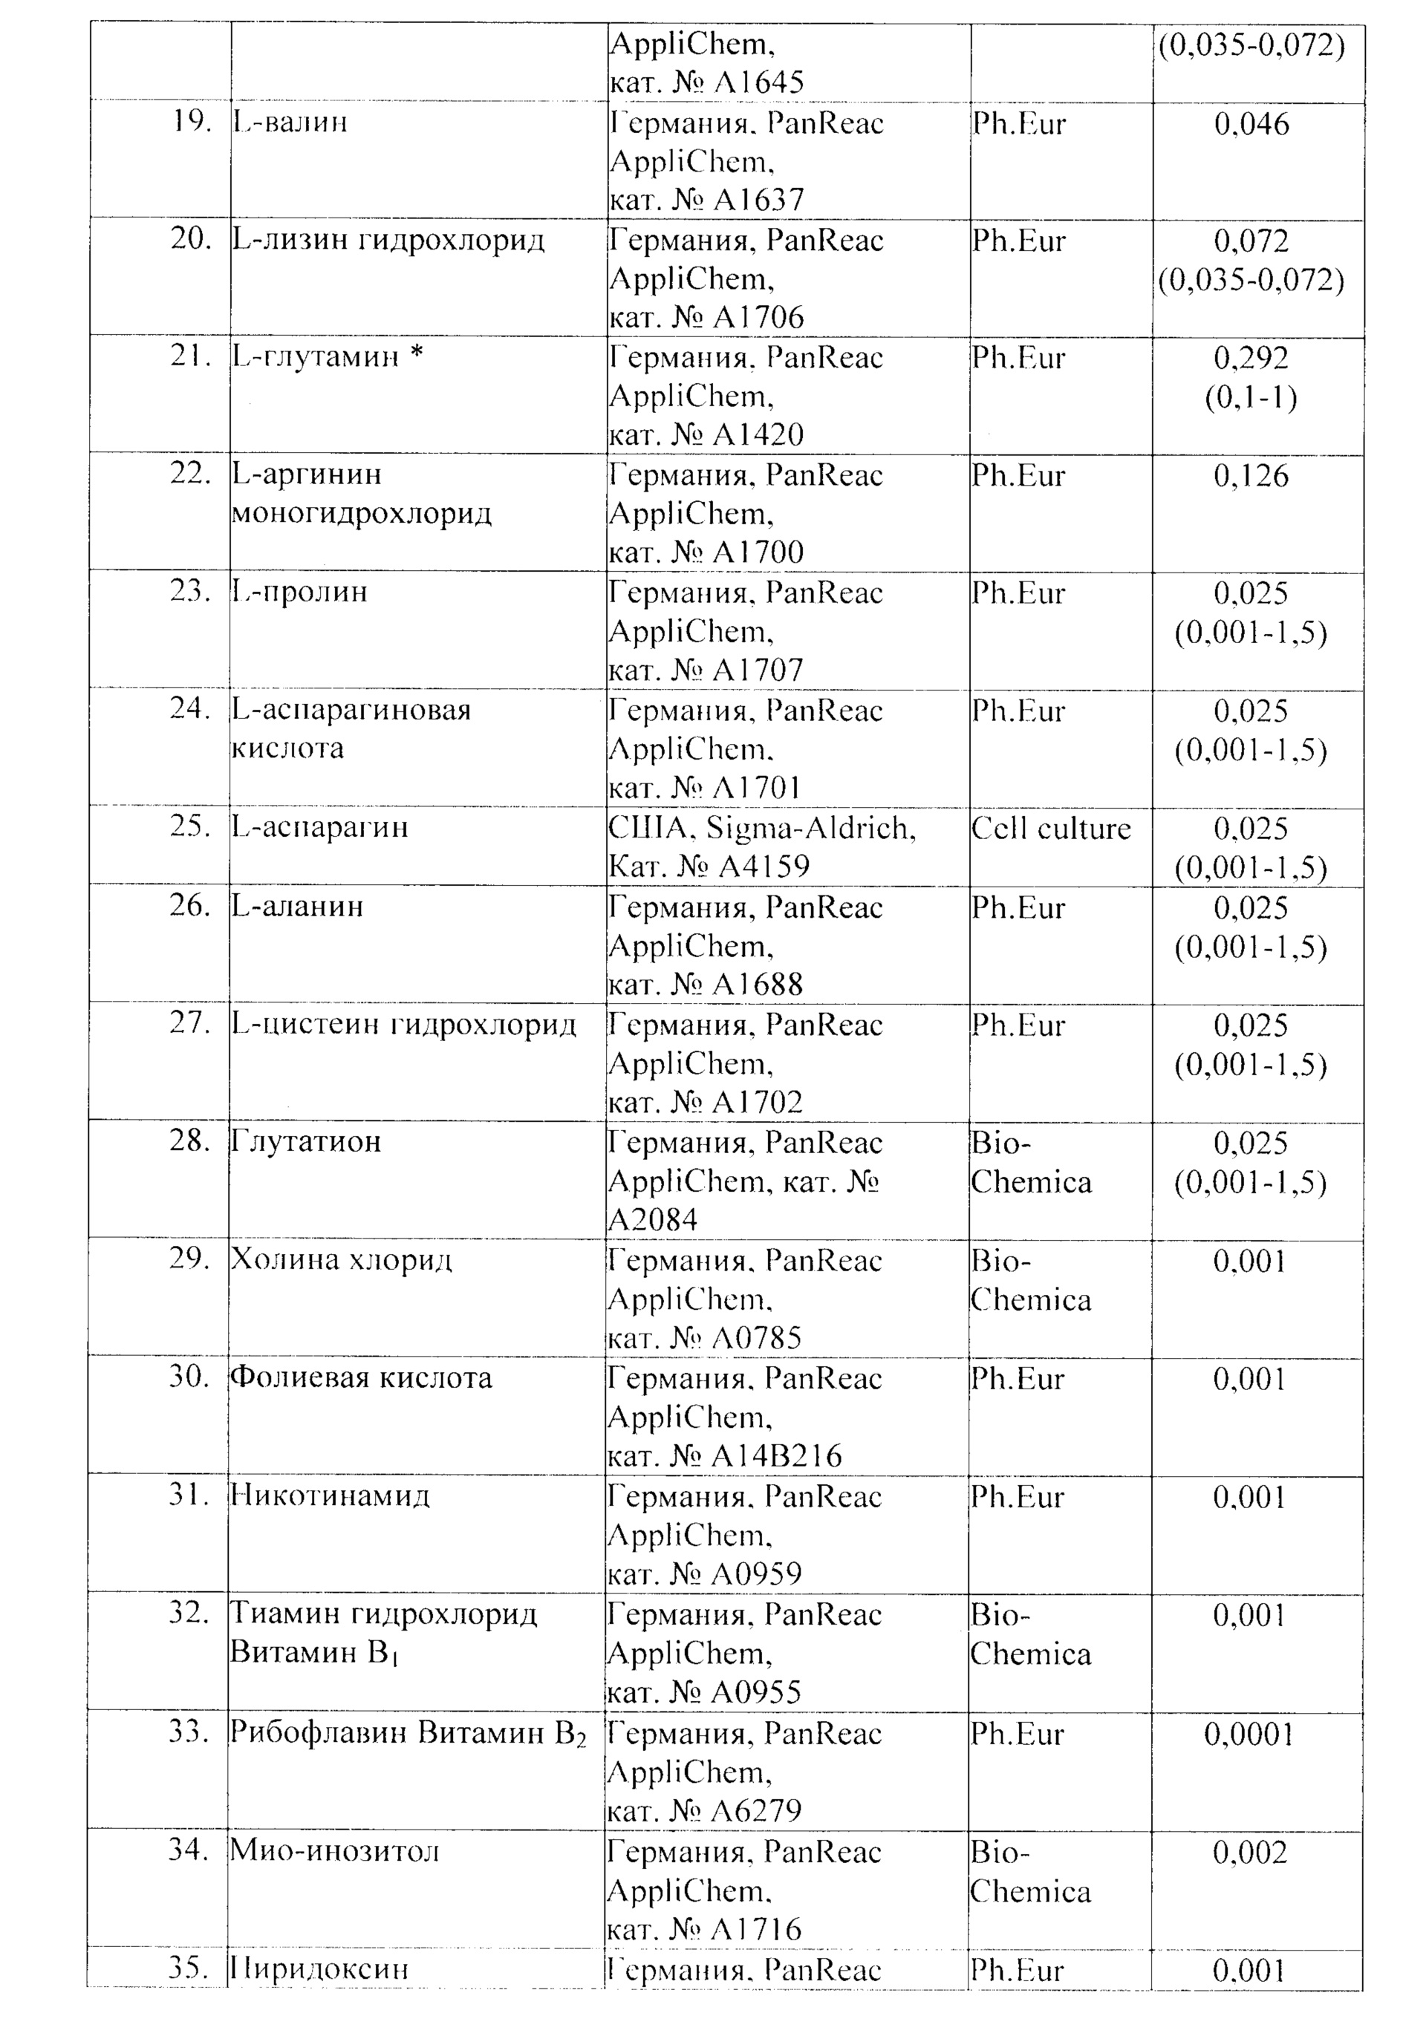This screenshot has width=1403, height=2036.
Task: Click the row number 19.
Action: click(190, 121)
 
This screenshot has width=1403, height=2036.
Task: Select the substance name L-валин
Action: click(290, 121)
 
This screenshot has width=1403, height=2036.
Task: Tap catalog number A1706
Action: click(758, 317)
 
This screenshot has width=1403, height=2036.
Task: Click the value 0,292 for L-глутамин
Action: click(1251, 358)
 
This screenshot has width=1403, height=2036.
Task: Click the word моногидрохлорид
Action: click(361, 513)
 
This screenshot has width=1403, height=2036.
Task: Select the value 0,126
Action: click(1251, 475)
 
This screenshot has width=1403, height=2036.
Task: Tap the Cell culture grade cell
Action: click(1050, 828)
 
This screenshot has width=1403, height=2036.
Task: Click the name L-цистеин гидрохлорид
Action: click(404, 1025)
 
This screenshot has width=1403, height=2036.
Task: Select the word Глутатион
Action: click(306, 1141)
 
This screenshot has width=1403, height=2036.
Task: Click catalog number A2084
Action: click(653, 1220)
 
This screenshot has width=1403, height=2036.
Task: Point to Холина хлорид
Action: click(341, 1260)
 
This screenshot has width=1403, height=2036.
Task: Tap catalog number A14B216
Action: click(777, 1456)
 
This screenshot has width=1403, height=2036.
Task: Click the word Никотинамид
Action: click(330, 1495)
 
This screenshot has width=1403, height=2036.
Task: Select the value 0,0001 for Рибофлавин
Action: click(1249, 1734)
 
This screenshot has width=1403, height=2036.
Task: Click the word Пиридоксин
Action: click(320, 1968)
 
